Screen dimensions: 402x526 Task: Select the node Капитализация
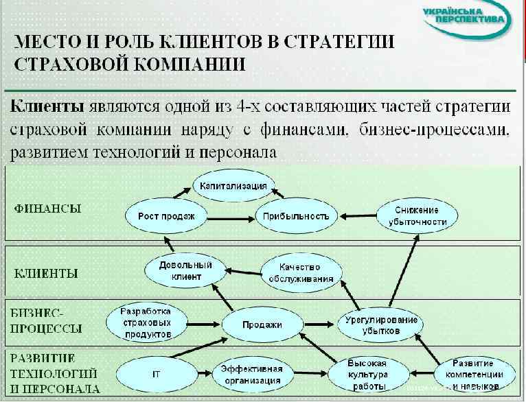233,185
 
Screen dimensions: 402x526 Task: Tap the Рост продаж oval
166,216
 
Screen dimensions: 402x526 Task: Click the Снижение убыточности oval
417,215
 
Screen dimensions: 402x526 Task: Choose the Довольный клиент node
185,270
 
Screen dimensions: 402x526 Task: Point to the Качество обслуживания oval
301,272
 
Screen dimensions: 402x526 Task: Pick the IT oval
157,375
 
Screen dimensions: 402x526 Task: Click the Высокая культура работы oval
367,375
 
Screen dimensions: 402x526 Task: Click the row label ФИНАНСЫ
48,209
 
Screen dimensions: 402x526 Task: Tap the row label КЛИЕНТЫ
47,273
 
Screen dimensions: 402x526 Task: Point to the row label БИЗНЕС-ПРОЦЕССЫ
48,320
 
